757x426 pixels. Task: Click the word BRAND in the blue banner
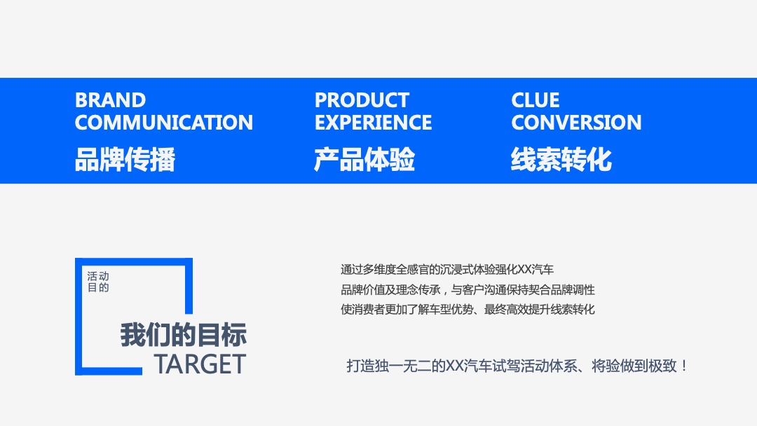click(x=110, y=100)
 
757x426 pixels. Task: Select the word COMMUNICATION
click(x=163, y=123)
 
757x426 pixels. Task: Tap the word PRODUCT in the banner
click(x=362, y=100)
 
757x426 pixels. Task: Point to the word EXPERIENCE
click(x=373, y=123)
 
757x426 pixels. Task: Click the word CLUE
click(x=536, y=100)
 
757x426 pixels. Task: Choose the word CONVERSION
click(x=576, y=123)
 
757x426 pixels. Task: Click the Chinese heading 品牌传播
click(x=125, y=160)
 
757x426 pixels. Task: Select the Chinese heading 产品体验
click(x=364, y=160)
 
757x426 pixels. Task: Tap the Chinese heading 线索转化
click(x=561, y=160)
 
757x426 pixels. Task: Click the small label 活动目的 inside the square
click(x=98, y=282)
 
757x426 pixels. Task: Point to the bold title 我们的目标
click(x=183, y=335)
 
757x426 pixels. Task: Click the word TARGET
click(x=200, y=364)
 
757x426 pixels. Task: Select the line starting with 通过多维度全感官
click(x=447, y=269)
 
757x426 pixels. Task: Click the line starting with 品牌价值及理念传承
click(x=468, y=289)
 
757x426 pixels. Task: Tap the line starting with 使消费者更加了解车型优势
click(x=468, y=309)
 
